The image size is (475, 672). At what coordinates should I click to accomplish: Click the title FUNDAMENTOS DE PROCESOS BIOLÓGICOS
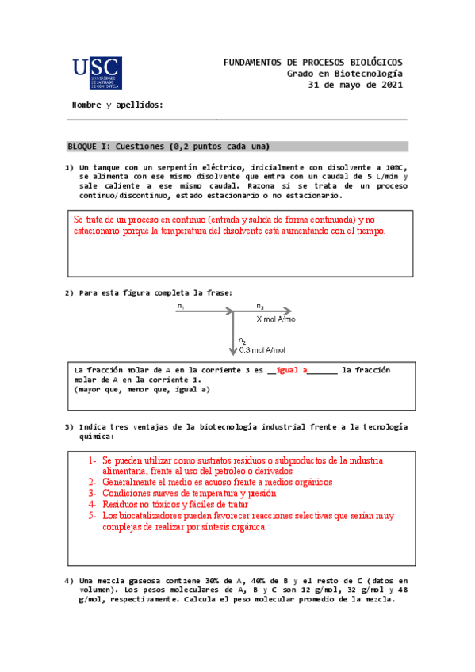pyautogui.click(x=312, y=62)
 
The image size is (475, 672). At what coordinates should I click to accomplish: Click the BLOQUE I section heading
pyautogui.click(x=168, y=147)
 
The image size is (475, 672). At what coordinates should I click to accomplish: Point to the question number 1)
pyautogui.click(x=69, y=167)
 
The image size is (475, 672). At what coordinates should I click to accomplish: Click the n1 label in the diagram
pyautogui.click(x=182, y=306)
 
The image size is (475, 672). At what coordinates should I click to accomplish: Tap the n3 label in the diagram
pyautogui.click(x=260, y=306)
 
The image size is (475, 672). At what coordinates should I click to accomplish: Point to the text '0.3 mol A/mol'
pyautogui.click(x=262, y=349)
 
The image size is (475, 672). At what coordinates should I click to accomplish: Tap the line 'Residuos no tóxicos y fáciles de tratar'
pyautogui.click(x=174, y=504)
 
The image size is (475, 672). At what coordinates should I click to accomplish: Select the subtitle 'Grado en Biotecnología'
pyautogui.click(x=344, y=74)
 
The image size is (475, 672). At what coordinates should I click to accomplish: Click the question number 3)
pyautogui.click(x=69, y=427)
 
